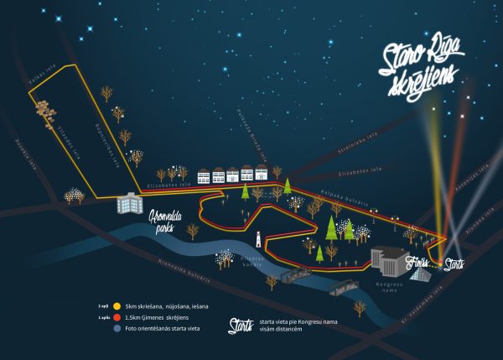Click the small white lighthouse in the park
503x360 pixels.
(x=258, y=239)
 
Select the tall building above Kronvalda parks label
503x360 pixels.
(x=129, y=203)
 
